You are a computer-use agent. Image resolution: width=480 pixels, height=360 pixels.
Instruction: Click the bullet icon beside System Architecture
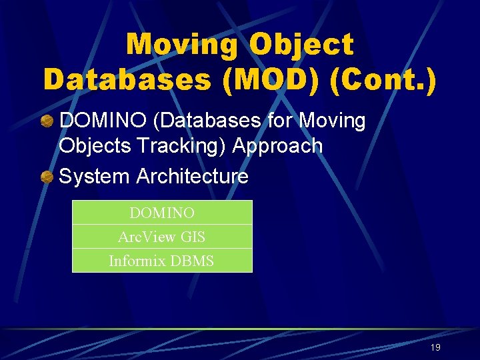tap(47, 177)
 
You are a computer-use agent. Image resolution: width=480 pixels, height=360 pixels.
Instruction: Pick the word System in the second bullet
tap(95, 177)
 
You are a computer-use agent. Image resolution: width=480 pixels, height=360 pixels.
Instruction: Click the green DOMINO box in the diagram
tap(162, 213)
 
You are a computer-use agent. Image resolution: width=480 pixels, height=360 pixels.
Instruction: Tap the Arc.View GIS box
tap(162, 237)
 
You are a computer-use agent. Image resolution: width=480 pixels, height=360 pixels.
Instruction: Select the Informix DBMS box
tap(162, 261)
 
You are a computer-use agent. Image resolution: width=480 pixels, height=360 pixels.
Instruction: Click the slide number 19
tap(435, 347)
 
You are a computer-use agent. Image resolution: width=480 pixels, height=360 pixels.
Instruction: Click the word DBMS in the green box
tap(192, 261)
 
